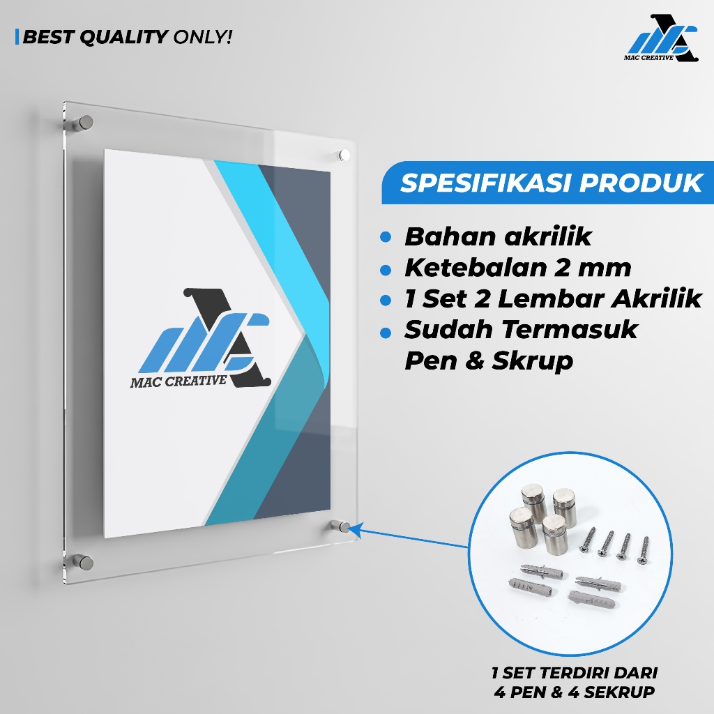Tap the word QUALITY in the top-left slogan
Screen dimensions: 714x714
(124, 37)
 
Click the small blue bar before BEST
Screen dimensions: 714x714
(17, 37)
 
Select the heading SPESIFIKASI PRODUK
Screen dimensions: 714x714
(552, 183)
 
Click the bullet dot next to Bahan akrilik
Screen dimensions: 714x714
(386, 237)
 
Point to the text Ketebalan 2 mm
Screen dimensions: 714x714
(518, 267)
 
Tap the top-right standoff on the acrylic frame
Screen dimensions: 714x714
(344, 155)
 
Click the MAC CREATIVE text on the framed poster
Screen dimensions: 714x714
(178, 381)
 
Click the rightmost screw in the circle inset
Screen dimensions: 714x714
(644, 550)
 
